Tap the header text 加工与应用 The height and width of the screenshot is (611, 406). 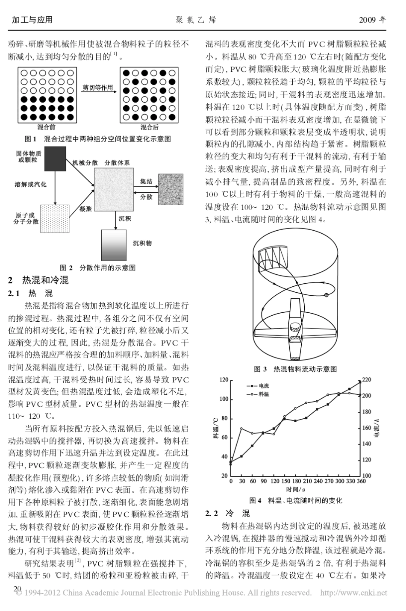tap(32, 20)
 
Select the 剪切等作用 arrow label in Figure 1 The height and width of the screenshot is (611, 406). tap(98, 88)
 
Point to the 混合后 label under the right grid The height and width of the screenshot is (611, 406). tap(150, 127)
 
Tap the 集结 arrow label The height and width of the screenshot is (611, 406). tap(146, 181)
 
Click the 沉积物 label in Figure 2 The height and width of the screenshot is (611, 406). tap(142, 243)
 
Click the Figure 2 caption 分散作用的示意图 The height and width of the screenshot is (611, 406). tap(108, 268)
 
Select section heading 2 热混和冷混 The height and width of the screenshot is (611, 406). tap(45, 280)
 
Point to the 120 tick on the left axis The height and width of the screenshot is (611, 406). tap(224, 380)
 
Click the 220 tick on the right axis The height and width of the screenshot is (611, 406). tap(367, 380)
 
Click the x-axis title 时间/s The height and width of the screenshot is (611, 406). tap(295, 489)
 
